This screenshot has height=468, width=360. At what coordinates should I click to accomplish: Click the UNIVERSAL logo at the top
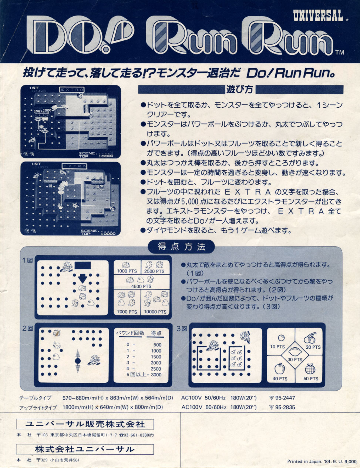point(318,15)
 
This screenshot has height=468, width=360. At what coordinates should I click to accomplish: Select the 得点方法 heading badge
point(181,247)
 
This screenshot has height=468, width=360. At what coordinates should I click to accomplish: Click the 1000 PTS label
point(127,271)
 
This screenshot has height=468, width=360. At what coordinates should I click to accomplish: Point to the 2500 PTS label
point(154,271)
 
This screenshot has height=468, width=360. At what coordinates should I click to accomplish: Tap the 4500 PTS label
point(141,286)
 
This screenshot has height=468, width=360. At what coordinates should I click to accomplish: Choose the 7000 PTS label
point(127,312)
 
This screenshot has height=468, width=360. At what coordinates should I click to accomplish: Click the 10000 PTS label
point(155,312)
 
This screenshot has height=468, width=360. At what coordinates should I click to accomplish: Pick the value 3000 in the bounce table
point(156,374)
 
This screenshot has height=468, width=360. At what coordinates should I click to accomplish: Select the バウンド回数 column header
point(130,333)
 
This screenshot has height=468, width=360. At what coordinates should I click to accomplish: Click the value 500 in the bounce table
point(157,344)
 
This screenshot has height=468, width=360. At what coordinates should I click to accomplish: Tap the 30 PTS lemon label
point(295,360)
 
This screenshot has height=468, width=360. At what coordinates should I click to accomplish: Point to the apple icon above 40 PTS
point(279,368)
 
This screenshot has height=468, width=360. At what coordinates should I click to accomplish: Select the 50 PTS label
point(311,378)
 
